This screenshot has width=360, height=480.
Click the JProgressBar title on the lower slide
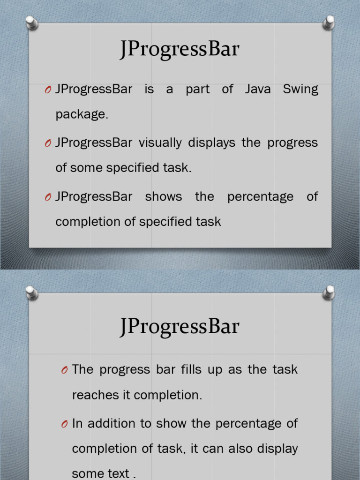179,327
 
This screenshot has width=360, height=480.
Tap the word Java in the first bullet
258,90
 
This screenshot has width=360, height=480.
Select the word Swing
300,90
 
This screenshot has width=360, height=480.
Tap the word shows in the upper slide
164,196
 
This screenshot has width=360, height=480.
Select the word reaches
95,395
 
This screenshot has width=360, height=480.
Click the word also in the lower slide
244,449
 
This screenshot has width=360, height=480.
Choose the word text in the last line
119,474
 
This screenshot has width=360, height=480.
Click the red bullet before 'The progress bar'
64,371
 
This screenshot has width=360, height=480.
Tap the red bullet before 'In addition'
64,425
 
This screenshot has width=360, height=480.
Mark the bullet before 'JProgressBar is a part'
48,90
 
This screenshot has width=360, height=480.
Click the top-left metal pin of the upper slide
31,22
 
